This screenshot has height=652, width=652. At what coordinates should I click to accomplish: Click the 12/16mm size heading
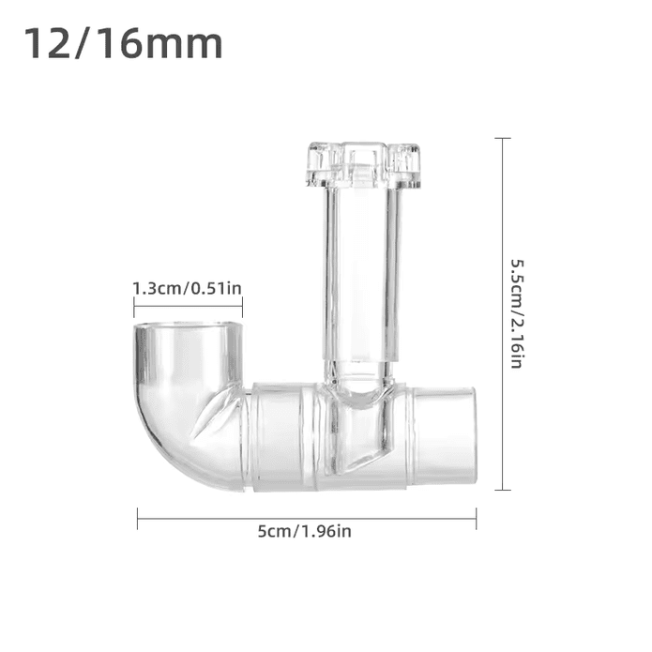[123, 44]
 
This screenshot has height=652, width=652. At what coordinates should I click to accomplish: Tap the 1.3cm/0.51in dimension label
[187, 288]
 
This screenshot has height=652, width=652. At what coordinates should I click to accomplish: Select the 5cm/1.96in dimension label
[304, 531]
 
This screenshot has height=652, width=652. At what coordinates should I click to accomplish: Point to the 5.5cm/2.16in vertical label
[517, 314]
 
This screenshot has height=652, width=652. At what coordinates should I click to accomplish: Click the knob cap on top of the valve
[363, 165]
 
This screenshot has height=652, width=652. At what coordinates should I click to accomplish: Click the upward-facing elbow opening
[188, 326]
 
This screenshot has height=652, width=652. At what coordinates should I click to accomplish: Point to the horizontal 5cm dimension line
[307, 519]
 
